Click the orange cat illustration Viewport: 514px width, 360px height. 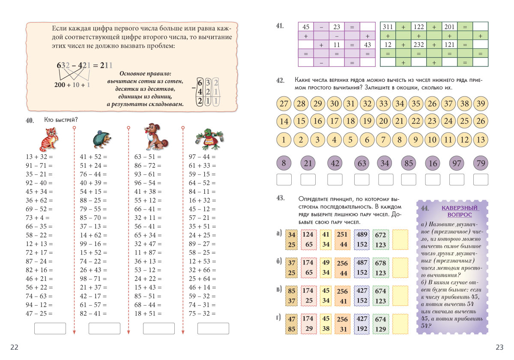tap(49, 138)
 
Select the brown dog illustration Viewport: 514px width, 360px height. tap(156, 137)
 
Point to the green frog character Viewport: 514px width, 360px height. tap(209, 138)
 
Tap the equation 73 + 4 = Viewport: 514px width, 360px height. tap(38, 218)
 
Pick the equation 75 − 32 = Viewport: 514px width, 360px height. tap(202, 313)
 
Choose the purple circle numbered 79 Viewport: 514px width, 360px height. tap(481, 163)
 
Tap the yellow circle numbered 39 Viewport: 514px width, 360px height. tap(481, 104)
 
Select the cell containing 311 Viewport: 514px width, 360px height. tap(388, 27)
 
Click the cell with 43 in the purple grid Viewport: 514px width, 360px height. tap(368, 45)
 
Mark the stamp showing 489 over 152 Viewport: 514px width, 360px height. tap(362, 240)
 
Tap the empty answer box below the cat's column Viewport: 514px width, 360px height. tap(50, 328)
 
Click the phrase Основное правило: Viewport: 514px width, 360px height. tap(146, 73)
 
